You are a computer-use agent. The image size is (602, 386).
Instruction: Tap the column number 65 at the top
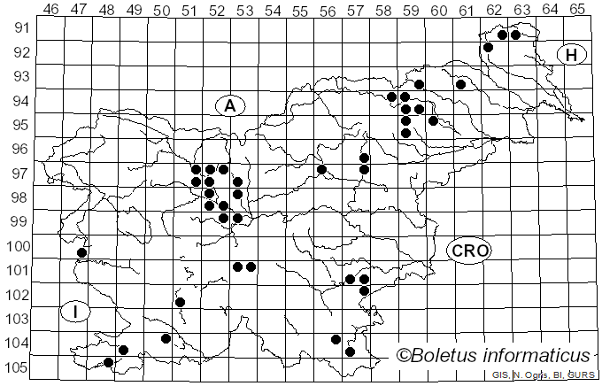577,9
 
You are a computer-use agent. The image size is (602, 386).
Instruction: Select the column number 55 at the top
300,9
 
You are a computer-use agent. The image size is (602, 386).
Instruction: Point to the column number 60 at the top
438,9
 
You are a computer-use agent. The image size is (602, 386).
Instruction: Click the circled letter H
572,55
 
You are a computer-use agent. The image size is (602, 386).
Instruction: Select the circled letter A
229,106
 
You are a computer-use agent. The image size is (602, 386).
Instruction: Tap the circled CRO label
469,251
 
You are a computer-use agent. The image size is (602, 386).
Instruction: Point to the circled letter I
76,312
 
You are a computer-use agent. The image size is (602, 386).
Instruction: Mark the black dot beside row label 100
81,252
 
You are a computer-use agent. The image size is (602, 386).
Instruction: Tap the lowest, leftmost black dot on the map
109,362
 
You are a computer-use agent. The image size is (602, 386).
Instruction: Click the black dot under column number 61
460,84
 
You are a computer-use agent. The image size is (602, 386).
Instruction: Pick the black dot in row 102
181,302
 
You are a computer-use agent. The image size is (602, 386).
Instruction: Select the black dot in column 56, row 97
322,169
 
